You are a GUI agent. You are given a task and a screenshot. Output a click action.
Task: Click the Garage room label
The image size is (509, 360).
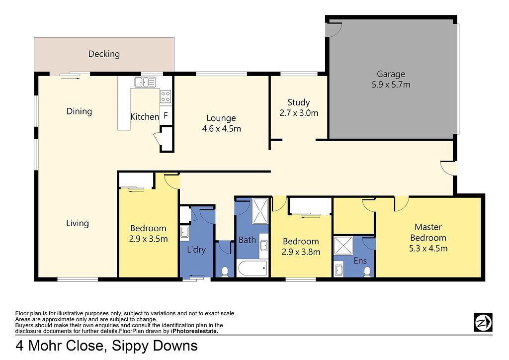[391, 75]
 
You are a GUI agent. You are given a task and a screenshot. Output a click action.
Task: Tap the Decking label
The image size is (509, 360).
[104, 54]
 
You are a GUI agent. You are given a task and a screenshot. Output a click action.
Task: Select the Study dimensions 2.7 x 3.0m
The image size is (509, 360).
[299, 113]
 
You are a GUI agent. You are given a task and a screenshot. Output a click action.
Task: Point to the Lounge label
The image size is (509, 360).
[221, 118]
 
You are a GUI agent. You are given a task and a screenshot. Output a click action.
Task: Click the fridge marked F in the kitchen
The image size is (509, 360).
[166, 115]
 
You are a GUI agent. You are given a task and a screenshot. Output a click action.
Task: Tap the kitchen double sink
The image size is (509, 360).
[145, 82]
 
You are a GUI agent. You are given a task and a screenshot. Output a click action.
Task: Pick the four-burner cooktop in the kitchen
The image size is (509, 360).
[165, 96]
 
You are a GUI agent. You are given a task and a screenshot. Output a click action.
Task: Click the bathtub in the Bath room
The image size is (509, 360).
[252, 268]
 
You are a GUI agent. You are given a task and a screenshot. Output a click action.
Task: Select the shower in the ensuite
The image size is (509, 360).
[343, 246]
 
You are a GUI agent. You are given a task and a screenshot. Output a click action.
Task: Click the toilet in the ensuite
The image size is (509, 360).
[367, 271]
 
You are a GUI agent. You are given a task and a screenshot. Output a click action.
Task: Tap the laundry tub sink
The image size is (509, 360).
[185, 233]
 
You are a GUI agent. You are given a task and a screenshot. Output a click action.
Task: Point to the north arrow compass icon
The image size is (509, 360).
[483, 322]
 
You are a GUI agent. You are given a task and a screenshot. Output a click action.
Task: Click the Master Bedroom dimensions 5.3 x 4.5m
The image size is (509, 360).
[428, 249]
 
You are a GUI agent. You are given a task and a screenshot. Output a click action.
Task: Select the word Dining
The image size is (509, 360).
[79, 111]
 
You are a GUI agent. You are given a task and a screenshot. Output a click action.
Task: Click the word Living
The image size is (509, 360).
[77, 223]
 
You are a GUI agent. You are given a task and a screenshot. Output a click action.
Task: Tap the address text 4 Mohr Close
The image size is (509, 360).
[60, 346]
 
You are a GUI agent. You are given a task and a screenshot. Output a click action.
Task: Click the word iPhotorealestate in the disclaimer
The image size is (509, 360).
[194, 331]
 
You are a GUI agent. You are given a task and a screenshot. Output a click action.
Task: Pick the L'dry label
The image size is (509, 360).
[196, 250]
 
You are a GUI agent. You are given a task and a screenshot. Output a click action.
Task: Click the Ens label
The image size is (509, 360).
[360, 261]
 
